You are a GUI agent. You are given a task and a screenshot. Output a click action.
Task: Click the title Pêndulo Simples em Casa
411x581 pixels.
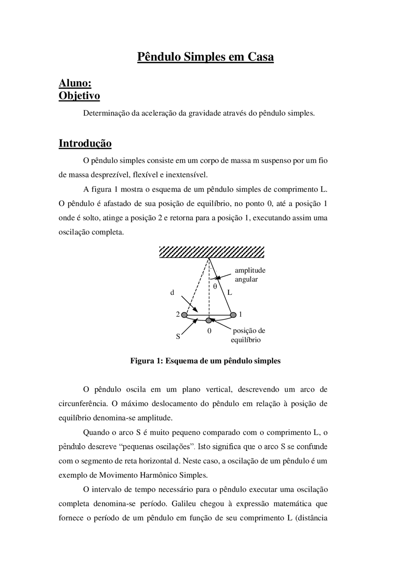click(x=205, y=57)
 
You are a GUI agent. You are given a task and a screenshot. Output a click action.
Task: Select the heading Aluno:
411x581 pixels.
click(x=75, y=83)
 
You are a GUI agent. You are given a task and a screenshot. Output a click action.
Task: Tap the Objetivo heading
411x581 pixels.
click(x=79, y=96)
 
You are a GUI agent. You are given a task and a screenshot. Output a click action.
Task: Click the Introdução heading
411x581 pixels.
click(x=85, y=143)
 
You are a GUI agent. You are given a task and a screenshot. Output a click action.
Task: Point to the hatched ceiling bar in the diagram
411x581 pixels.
click(x=212, y=252)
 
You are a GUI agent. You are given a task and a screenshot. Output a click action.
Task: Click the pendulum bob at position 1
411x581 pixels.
click(x=233, y=314)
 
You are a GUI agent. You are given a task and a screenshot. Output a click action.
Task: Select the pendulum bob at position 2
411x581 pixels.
click(x=184, y=315)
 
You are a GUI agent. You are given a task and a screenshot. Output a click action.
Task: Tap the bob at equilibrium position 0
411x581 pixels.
click(x=209, y=320)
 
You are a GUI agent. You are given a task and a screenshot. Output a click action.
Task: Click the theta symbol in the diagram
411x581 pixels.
click(x=215, y=286)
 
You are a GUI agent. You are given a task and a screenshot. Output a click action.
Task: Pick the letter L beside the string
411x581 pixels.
click(x=230, y=293)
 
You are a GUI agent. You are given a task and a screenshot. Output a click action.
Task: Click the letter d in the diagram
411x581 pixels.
click(x=172, y=293)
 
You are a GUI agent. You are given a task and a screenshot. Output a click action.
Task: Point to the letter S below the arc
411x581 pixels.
click(x=178, y=337)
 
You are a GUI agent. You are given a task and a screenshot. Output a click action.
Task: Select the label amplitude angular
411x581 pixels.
click(x=250, y=275)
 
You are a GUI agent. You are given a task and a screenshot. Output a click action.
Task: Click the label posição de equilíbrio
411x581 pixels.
click(x=248, y=335)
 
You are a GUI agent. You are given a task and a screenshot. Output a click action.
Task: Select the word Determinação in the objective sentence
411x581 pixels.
click(x=106, y=113)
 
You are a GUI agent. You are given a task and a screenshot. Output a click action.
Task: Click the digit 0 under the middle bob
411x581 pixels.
click(x=209, y=331)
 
